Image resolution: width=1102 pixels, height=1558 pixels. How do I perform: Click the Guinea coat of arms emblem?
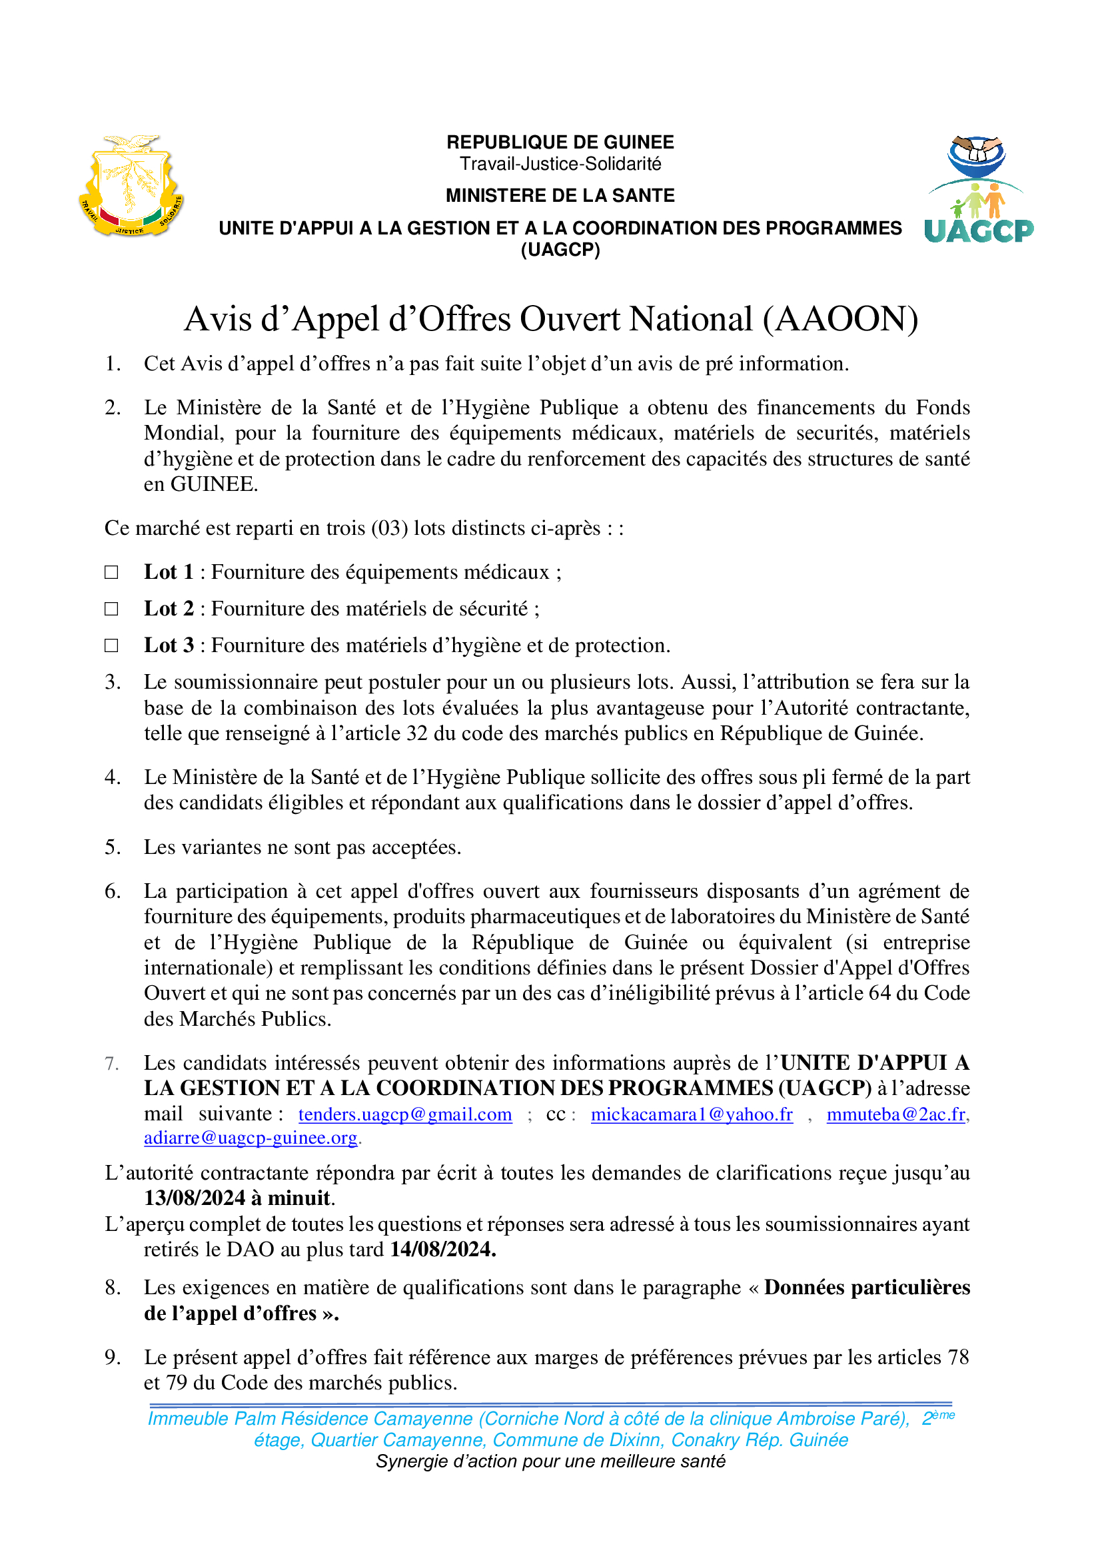131,185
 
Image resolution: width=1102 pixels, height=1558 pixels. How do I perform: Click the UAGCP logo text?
979,231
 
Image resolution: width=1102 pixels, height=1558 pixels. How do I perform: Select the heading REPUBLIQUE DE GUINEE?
560,143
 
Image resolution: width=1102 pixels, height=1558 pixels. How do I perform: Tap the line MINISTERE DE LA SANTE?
560,195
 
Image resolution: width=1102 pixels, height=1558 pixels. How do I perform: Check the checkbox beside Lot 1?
111,572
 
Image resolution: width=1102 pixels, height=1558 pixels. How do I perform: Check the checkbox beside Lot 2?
111,609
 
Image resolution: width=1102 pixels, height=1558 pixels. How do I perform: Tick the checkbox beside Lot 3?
111,645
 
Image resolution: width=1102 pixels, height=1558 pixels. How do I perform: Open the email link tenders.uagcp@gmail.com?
405,1114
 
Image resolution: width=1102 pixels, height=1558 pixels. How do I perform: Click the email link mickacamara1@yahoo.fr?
692,1114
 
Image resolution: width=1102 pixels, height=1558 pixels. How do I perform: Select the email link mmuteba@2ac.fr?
896,1114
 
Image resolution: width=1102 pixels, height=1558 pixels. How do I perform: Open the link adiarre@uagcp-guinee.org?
251,1138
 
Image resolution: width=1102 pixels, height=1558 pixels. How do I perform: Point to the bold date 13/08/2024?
195,1198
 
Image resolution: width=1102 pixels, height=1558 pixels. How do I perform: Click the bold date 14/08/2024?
442,1249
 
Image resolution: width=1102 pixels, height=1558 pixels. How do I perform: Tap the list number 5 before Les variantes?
112,847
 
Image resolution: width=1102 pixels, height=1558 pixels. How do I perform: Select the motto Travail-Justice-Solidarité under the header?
560,165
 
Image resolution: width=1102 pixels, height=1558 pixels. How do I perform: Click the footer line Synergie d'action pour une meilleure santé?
550,1461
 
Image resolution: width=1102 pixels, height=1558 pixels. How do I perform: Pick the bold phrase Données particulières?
867,1288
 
